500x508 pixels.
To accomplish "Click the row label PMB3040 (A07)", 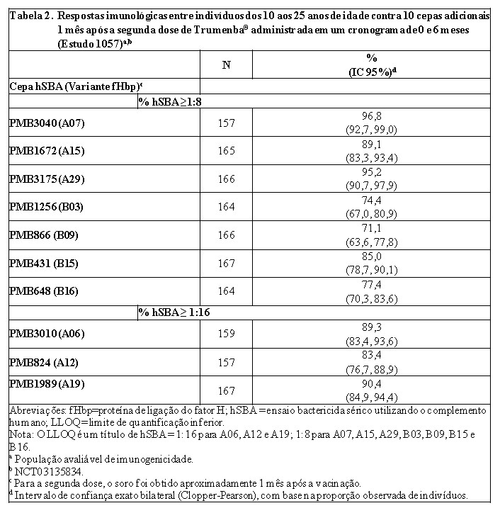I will pyautogui.click(x=47, y=123).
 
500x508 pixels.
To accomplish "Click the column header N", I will pyautogui.click(x=227, y=65).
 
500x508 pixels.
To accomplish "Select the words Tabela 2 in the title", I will pyautogui.click(x=29, y=16).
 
